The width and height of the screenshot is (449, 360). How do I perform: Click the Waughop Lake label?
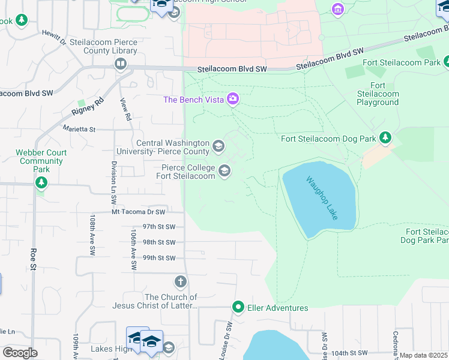point(322,197)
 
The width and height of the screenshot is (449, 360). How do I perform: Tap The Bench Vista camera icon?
point(233,100)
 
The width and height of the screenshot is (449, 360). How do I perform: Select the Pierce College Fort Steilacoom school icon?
point(224,172)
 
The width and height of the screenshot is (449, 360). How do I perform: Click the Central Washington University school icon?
point(218,145)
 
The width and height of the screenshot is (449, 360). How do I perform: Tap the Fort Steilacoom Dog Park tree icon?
point(385,139)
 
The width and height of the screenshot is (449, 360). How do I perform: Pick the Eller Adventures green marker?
point(238,307)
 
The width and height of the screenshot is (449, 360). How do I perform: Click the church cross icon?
point(180,281)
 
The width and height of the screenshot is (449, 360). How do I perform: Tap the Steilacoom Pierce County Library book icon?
point(121,64)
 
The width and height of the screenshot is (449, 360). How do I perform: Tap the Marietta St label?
point(79,129)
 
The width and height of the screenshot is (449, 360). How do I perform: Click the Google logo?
point(20,352)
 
